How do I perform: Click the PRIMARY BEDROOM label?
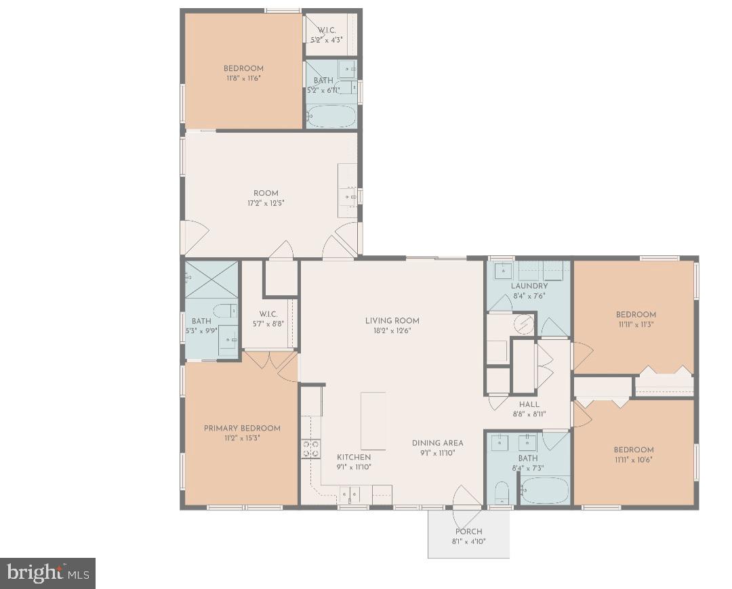point(242,428)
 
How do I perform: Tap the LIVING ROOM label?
point(392,321)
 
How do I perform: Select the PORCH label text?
point(468,531)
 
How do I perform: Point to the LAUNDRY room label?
point(529,286)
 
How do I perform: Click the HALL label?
point(529,404)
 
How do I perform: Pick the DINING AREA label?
point(437,443)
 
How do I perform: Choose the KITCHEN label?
point(354,457)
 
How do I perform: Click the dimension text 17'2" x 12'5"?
point(266,202)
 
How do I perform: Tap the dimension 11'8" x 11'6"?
point(243,78)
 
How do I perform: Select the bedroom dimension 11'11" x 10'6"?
point(634,459)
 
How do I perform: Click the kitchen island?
point(373,420)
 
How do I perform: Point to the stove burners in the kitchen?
point(310,449)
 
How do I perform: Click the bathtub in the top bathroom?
point(331,116)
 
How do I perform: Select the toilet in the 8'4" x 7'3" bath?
point(500,492)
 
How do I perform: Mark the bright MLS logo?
point(47,573)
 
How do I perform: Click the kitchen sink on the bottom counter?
point(352,496)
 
